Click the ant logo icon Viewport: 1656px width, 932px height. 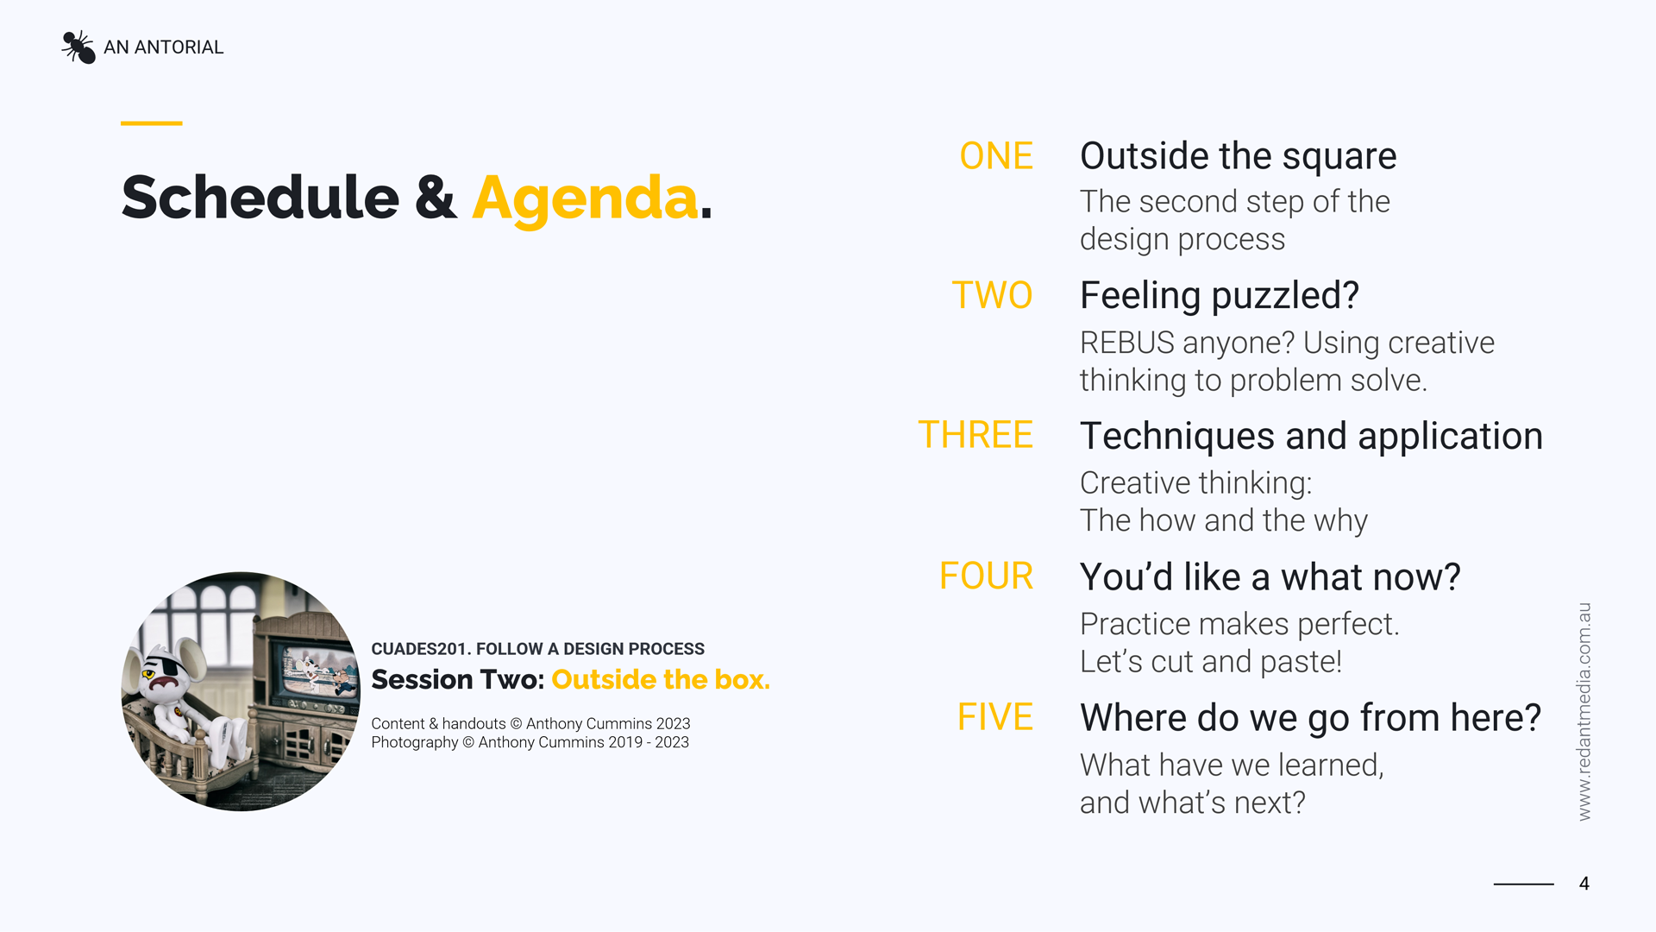(x=78, y=47)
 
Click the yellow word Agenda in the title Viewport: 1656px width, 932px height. (x=585, y=198)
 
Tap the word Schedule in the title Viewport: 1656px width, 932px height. (x=260, y=198)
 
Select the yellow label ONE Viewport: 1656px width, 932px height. (x=996, y=156)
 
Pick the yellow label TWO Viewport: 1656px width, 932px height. (x=992, y=295)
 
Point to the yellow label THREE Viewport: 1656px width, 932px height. (x=975, y=435)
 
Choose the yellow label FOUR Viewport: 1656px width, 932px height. (x=986, y=576)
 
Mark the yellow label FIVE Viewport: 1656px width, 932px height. (x=995, y=717)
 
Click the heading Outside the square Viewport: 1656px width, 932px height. (x=1238, y=156)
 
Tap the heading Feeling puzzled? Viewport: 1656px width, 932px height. (x=1219, y=295)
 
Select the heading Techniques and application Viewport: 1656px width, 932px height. (x=1311, y=436)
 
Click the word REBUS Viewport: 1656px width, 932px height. (x=1126, y=343)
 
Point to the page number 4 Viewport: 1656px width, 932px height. (x=1584, y=884)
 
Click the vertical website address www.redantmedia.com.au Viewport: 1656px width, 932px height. (x=1584, y=711)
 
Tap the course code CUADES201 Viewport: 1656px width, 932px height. (x=418, y=649)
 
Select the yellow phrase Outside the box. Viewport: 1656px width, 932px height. (x=660, y=680)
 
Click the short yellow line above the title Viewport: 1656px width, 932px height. (x=151, y=123)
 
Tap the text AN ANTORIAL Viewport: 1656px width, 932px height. (x=163, y=47)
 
